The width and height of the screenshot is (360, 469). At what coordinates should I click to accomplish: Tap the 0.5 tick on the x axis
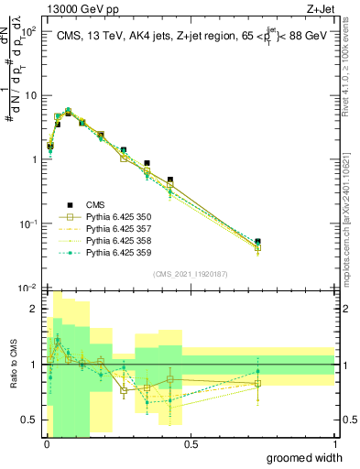[191, 444]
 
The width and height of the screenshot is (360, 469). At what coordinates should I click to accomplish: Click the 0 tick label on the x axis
[47, 444]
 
